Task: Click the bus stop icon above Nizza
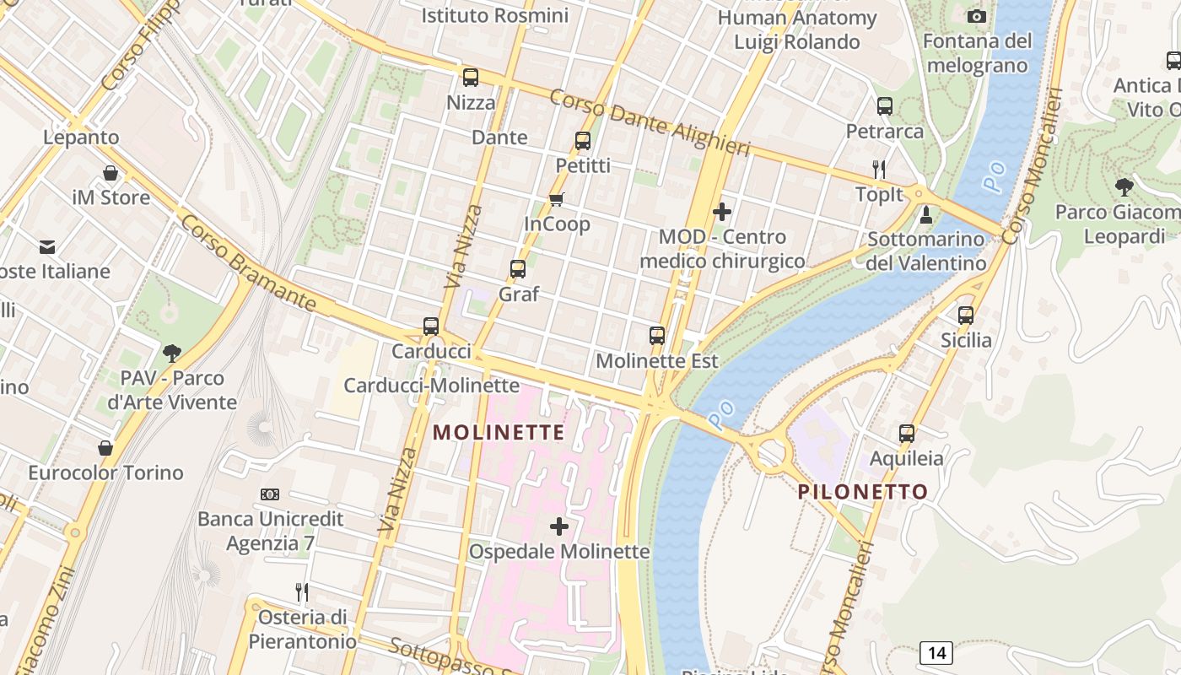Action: click(x=471, y=78)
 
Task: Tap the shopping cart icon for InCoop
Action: click(x=556, y=199)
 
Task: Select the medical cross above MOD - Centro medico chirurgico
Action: click(x=722, y=212)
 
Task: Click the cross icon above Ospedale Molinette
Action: click(x=558, y=526)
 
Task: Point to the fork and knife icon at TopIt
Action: click(x=879, y=169)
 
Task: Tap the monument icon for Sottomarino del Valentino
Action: click(x=926, y=214)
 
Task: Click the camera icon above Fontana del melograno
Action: click(x=977, y=16)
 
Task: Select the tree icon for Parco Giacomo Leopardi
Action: click(x=1124, y=186)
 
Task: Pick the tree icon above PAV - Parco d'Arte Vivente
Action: click(x=172, y=353)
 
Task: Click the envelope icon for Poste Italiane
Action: click(x=47, y=246)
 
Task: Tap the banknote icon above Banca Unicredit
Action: click(x=270, y=494)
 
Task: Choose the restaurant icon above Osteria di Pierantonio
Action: click(x=301, y=591)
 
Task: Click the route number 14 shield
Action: click(x=936, y=652)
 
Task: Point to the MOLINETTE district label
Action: click(x=499, y=433)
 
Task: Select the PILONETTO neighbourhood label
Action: click(x=863, y=491)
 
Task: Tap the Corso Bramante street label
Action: click(x=248, y=262)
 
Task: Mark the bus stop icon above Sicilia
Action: click(x=966, y=316)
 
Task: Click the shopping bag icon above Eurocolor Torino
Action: click(x=105, y=447)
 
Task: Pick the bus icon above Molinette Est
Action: click(x=657, y=335)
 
